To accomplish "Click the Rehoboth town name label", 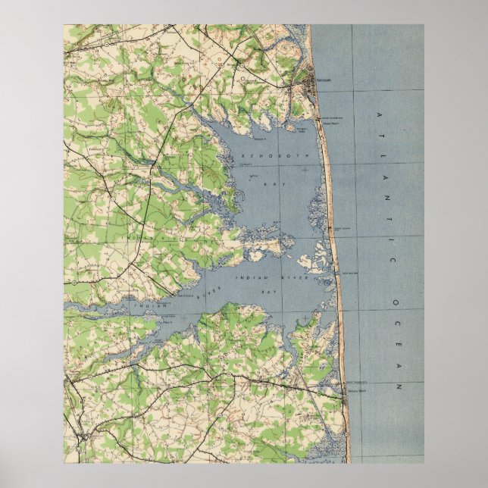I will (324, 78).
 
